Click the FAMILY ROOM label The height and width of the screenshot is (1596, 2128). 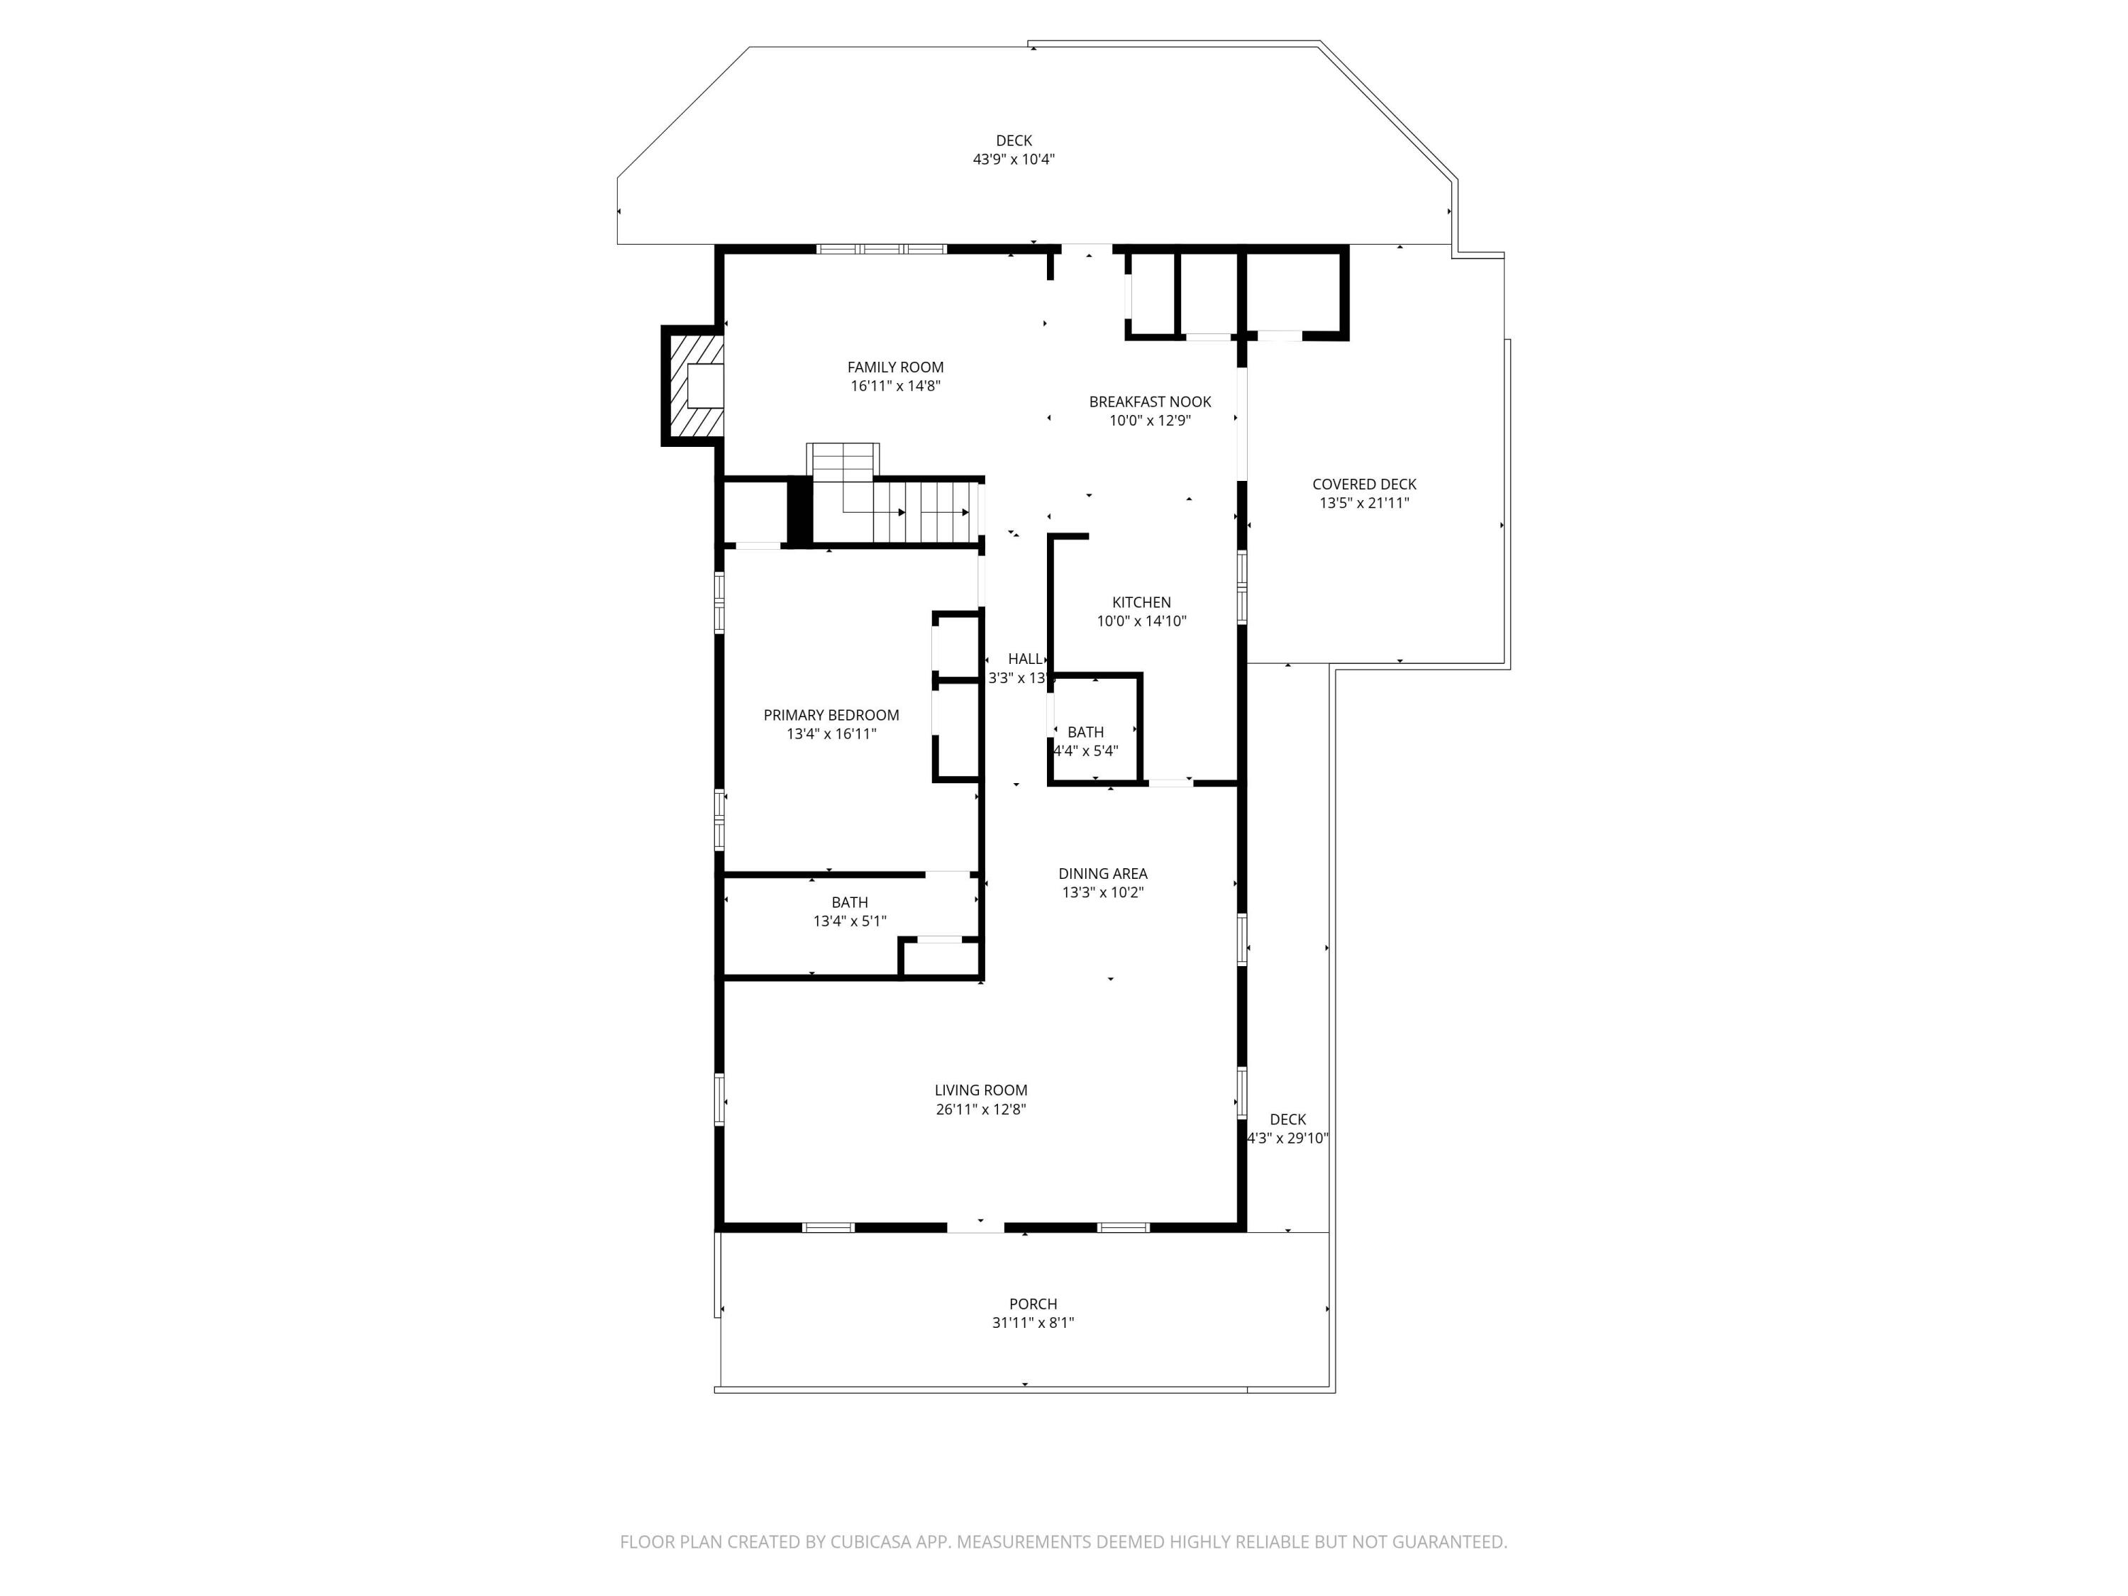click(894, 367)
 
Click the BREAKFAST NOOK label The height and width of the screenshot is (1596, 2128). click(1150, 401)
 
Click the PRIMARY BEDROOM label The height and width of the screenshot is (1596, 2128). click(831, 715)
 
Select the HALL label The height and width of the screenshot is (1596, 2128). click(1024, 659)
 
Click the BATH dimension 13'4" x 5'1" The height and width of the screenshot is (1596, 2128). click(850, 921)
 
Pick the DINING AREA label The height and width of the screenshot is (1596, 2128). click(1102, 873)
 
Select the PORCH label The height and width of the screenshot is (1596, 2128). click(1032, 1304)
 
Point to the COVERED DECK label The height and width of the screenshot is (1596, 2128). click(1363, 484)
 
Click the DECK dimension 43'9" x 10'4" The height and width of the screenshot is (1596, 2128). click(1013, 160)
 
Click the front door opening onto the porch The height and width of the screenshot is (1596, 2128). click(975, 1226)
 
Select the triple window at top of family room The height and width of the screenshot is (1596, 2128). click(881, 249)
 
